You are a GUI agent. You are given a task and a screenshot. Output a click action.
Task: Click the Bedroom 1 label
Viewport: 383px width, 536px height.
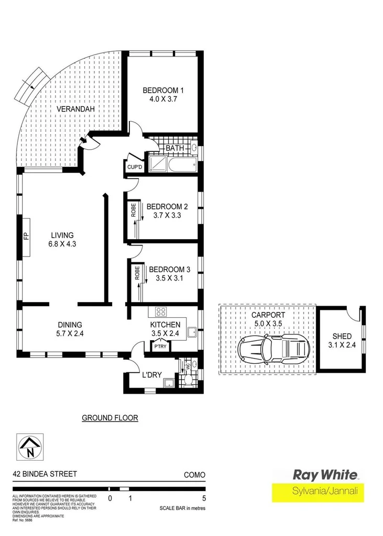click(x=162, y=91)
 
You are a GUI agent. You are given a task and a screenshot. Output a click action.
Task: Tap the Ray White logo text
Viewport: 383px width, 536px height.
click(x=325, y=475)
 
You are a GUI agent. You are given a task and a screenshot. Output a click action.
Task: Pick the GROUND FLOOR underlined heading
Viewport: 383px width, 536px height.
click(x=110, y=418)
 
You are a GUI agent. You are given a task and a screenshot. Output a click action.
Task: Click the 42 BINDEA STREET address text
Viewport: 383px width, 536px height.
click(x=45, y=474)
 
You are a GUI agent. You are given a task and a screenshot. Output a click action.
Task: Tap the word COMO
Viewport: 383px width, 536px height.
click(x=194, y=475)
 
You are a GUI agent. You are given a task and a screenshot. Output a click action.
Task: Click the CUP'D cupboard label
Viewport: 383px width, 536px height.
click(x=135, y=167)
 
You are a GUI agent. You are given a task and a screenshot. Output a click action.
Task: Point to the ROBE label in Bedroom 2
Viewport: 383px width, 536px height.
click(x=134, y=210)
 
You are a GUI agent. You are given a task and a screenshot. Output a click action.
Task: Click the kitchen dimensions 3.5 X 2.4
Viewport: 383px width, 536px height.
click(x=166, y=333)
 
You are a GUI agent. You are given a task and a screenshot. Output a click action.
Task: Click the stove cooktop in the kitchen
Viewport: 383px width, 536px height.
click(x=160, y=311)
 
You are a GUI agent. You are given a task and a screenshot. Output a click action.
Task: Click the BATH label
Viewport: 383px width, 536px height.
click(x=174, y=149)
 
